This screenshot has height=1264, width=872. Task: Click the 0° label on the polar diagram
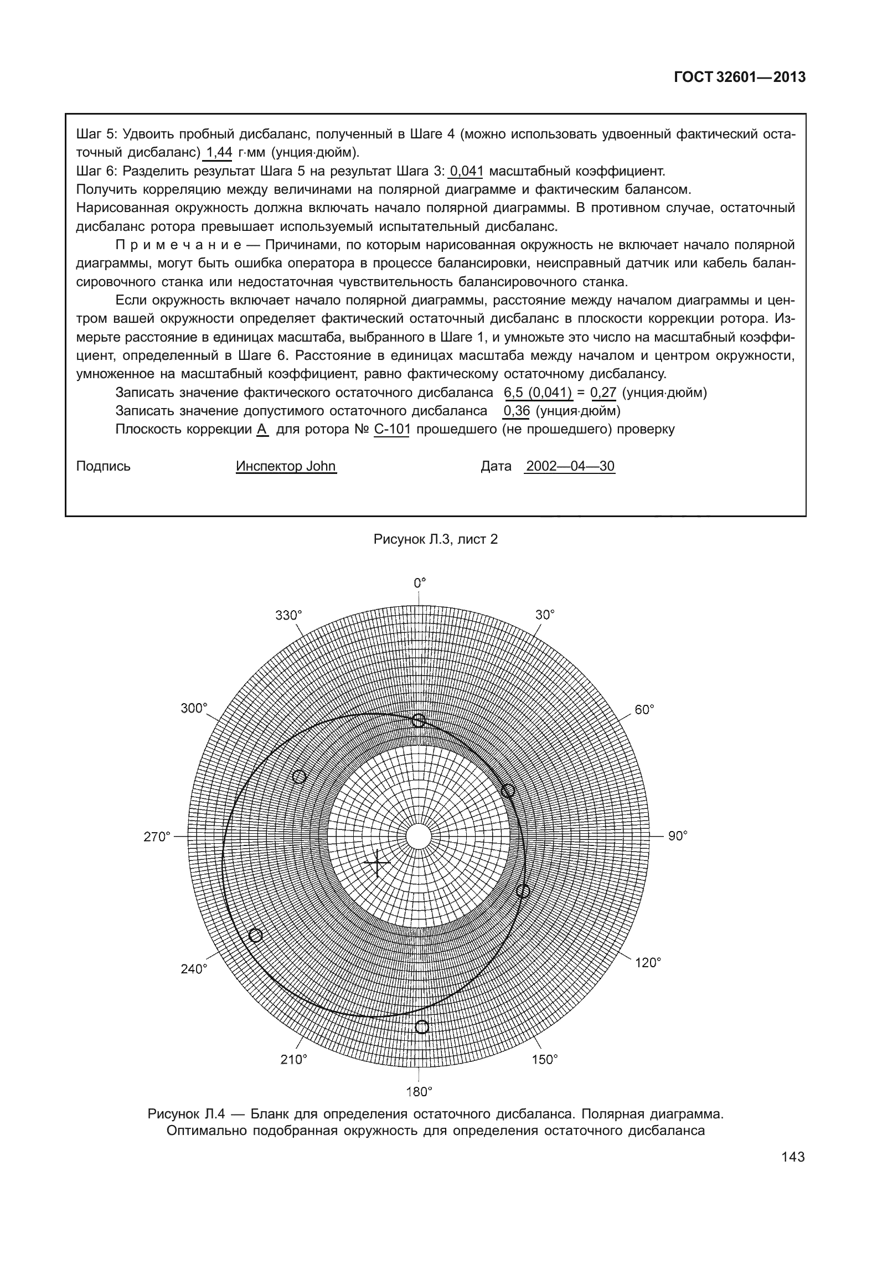tap(420, 583)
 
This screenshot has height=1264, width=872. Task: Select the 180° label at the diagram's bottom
tap(419, 1092)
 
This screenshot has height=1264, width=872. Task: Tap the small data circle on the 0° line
tap(419, 720)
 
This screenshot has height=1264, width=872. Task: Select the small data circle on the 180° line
tap(421, 1027)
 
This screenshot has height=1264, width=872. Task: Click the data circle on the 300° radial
tap(299, 777)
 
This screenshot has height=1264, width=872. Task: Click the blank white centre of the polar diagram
tap(419, 837)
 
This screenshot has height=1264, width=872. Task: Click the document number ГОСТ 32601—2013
tap(739, 78)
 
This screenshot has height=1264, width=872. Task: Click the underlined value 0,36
tap(517, 411)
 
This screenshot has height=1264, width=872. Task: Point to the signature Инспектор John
tap(286, 466)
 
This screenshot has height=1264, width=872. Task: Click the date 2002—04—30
tap(570, 466)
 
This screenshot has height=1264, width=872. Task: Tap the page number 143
tap(793, 1157)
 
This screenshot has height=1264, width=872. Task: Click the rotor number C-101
tap(391, 429)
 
